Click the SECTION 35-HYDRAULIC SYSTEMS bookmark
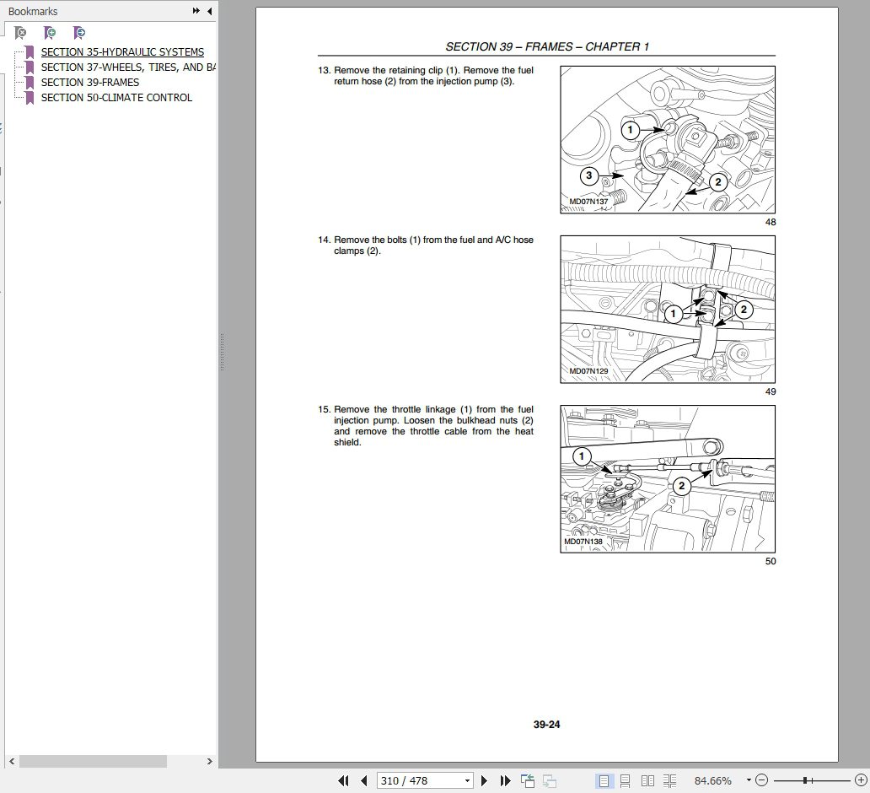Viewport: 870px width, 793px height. pos(122,52)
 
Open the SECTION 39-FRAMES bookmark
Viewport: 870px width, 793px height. pos(90,83)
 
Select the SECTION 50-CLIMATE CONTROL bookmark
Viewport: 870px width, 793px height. pos(116,98)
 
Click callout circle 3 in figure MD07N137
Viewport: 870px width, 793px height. pos(588,176)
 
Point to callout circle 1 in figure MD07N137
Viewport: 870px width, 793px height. pos(630,130)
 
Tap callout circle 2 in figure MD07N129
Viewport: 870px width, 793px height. pos(743,310)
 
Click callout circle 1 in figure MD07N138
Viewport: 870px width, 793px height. pos(582,457)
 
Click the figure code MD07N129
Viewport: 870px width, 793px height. pos(588,371)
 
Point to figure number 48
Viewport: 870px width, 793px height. pos(770,222)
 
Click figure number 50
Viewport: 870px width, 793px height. pos(770,561)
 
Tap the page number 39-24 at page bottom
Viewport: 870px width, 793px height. pos(546,725)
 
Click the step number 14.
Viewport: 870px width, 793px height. pos(323,240)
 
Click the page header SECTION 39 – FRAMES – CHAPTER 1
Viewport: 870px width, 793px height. pos(547,47)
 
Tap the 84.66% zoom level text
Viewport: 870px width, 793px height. pos(712,781)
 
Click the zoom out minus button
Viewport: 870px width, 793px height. pos(761,781)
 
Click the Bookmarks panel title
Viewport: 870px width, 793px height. pos(33,11)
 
